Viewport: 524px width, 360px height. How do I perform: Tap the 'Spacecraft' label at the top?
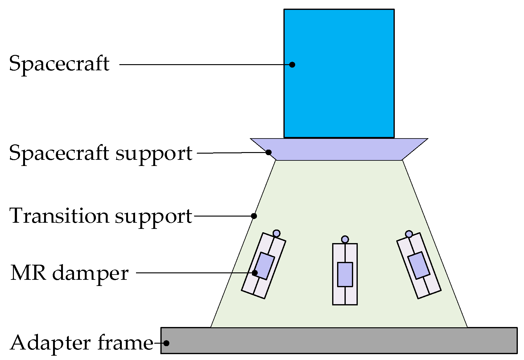pyautogui.click(x=59, y=64)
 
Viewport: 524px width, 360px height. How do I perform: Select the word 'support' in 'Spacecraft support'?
pyautogui.click(x=154, y=153)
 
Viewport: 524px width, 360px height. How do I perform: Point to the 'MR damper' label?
pyautogui.click(x=69, y=273)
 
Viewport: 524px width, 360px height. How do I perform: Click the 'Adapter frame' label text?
pyautogui.click(x=82, y=343)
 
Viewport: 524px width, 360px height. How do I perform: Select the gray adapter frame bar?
pyautogui.click(x=339, y=340)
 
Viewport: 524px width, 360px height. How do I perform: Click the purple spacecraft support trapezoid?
pyautogui.click(x=339, y=149)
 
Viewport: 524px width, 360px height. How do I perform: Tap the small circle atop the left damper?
pyautogui.click(x=277, y=233)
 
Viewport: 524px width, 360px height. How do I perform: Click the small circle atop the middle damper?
pyautogui.click(x=345, y=239)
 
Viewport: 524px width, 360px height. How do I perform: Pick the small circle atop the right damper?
pyautogui.click(x=409, y=234)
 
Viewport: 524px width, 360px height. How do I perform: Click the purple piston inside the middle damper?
pyautogui.click(x=345, y=274)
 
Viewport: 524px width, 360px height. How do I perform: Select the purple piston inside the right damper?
pyautogui.click(x=419, y=266)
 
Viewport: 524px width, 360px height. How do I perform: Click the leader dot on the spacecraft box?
pyautogui.click(x=292, y=64)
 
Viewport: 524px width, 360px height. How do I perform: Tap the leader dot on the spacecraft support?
pyautogui.click(x=269, y=152)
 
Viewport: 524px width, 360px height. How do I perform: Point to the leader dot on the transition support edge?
pyautogui.click(x=254, y=216)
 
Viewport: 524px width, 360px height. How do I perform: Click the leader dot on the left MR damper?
pyautogui.click(x=255, y=273)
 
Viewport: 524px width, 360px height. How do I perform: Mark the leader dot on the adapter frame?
pyautogui.click(x=166, y=343)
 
